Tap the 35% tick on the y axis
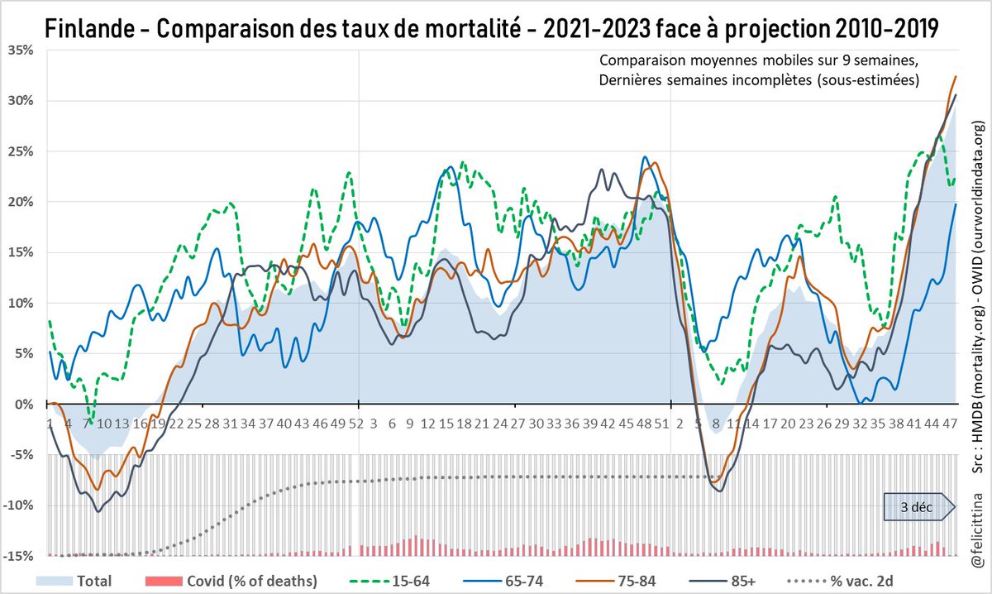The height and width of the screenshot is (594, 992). [21, 50]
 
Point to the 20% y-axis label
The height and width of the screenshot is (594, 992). [21, 202]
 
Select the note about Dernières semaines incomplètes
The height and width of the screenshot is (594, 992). [759, 79]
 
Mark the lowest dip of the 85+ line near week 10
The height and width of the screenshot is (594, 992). [99, 511]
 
